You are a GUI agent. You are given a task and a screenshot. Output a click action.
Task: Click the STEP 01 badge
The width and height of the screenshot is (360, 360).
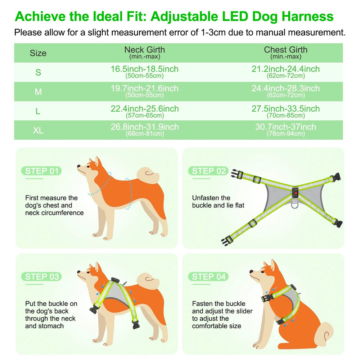pyautogui.click(x=41, y=171)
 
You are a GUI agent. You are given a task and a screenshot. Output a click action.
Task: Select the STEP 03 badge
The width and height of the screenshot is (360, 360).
pyautogui.click(x=41, y=276)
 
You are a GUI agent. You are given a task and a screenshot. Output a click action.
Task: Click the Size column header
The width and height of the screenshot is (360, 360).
pyautogui.click(x=38, y=53)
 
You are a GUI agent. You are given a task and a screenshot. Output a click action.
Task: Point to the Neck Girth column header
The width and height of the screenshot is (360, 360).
pyautogui.click(x=144, y=52)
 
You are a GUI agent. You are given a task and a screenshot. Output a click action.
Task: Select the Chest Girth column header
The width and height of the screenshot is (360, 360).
pyautogui.click(x=285, y=52)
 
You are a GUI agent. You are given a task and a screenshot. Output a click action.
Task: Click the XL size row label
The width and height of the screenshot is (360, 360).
pyautogui.click(x=38, y=130)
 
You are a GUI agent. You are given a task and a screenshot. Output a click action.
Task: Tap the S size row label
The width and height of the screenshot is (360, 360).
pyautogui.click(x=38, y=72)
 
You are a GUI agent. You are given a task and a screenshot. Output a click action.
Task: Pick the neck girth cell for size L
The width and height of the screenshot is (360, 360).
pyautogui.click(x=144, y=111)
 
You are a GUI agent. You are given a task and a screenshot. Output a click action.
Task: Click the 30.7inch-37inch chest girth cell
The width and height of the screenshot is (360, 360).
pyautogui.click(x=285, y=129)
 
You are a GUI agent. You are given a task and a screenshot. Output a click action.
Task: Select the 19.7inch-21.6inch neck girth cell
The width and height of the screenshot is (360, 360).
pyautogui.click(x=144, y=91)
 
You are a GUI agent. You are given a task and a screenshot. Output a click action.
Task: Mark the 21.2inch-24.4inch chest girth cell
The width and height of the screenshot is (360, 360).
pyautogui.click(x=285, y=71)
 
